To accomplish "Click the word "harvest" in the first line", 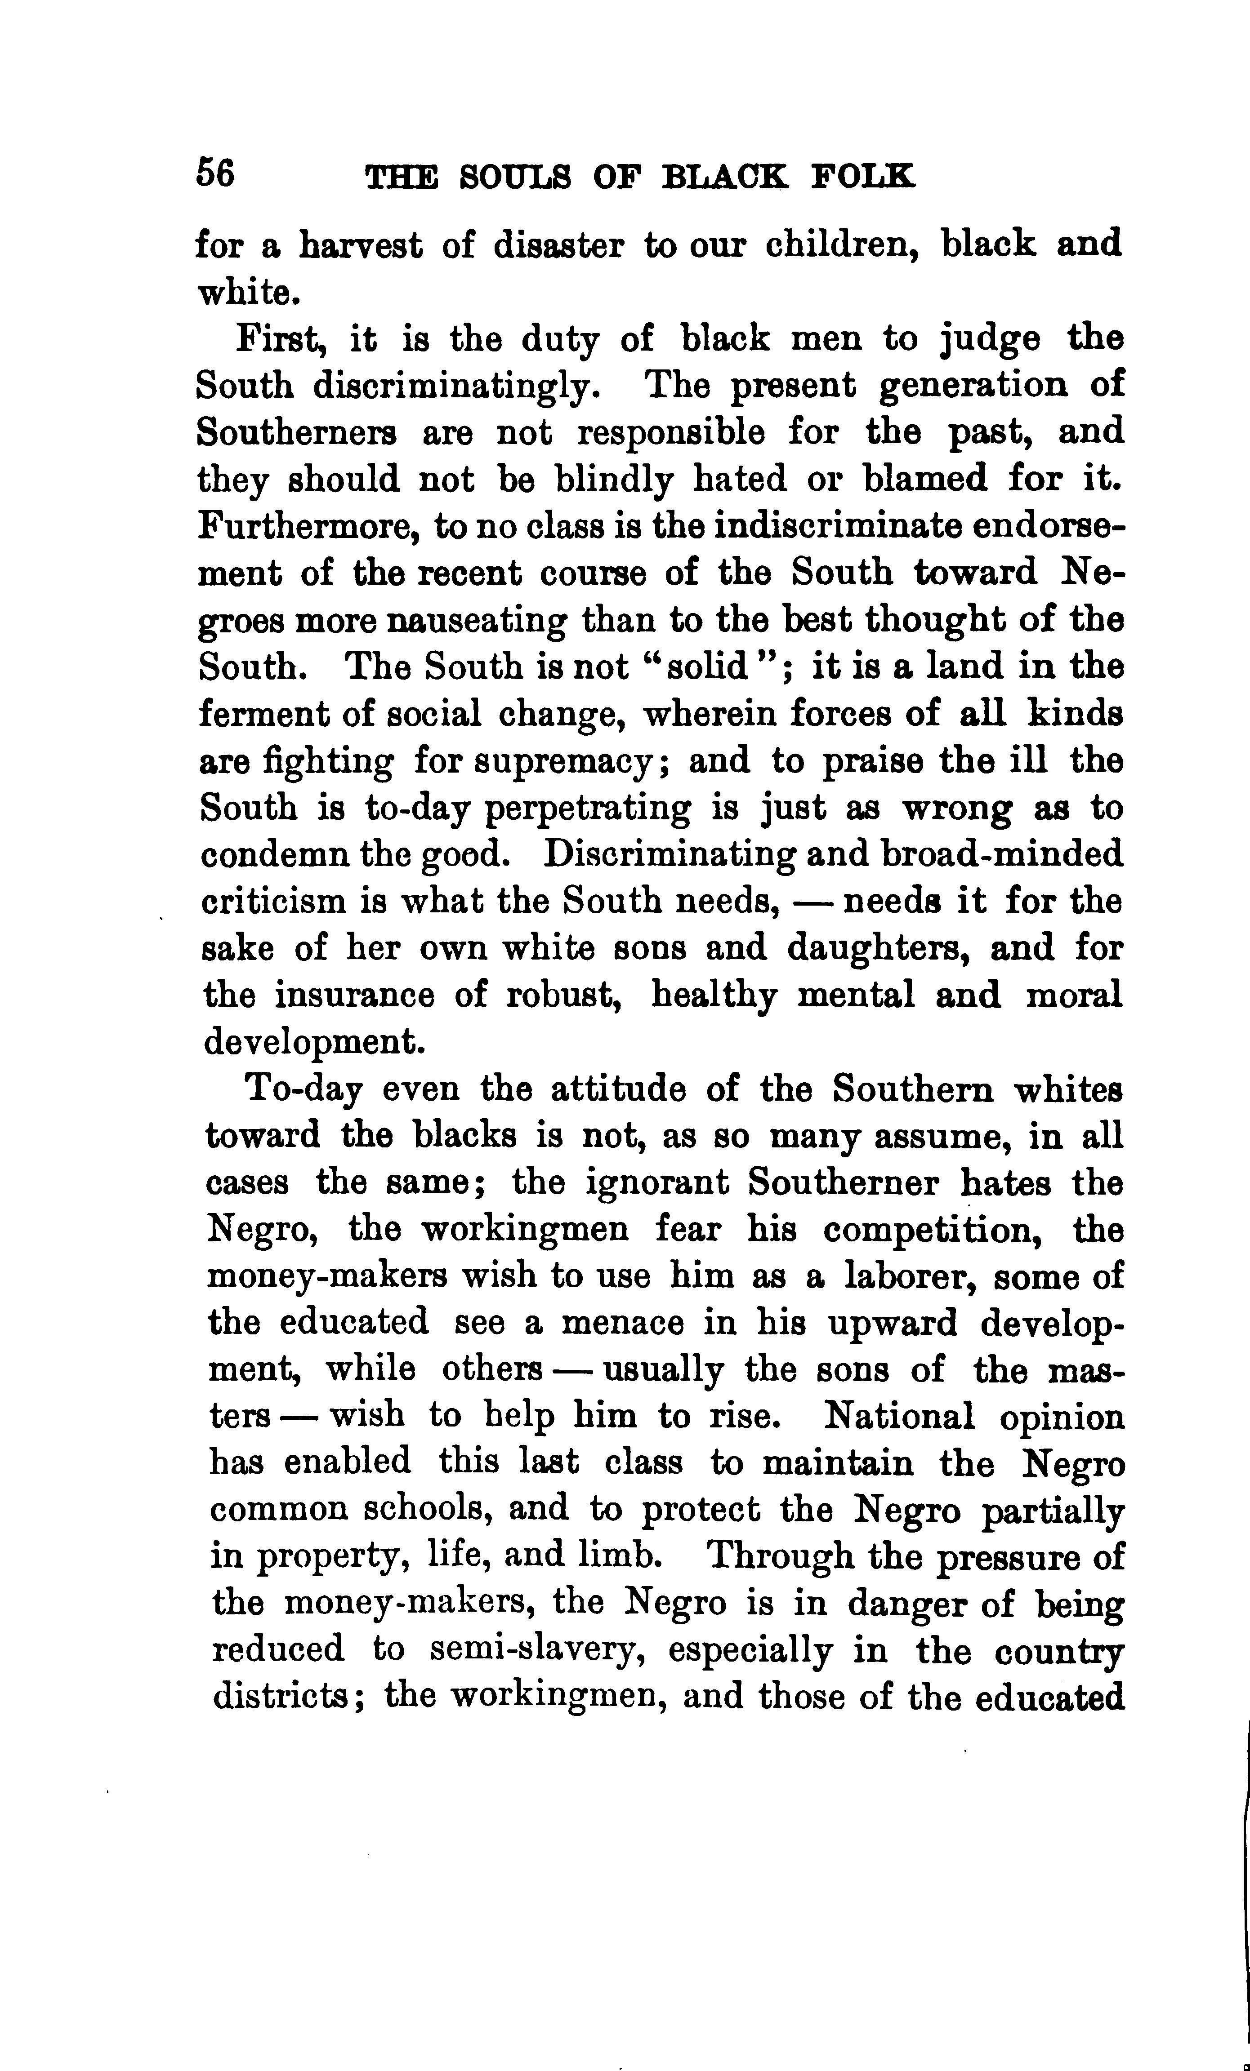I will (362, 245).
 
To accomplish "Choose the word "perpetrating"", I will (589, 809).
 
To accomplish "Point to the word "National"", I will (899, 1417).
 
